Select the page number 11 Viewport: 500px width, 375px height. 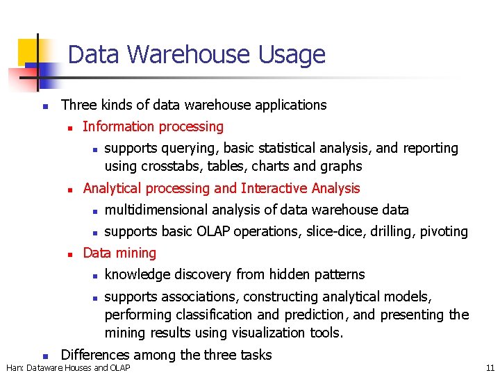(x=490, y=367)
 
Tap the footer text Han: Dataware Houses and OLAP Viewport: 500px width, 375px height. (x=68, y=367)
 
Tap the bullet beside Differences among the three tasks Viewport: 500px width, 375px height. (x=44, y=356)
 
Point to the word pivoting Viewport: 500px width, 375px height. (x=443, y=231)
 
